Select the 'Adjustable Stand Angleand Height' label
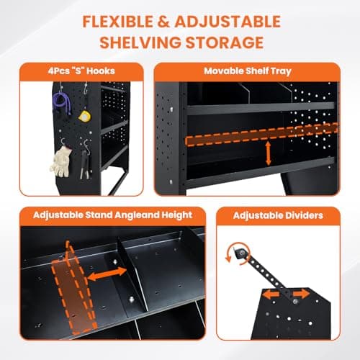[x=103, y=214]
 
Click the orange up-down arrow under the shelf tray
[x=269, y=153]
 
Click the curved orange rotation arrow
[x=233, y=252]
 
